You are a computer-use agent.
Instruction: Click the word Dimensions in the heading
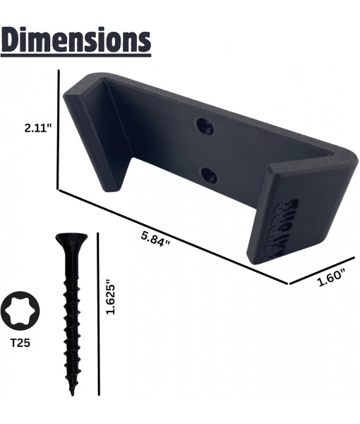[x=76, y=40]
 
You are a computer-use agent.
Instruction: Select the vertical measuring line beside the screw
[x=99, y=314]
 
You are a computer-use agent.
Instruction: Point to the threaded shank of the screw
[x=72, y=318]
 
